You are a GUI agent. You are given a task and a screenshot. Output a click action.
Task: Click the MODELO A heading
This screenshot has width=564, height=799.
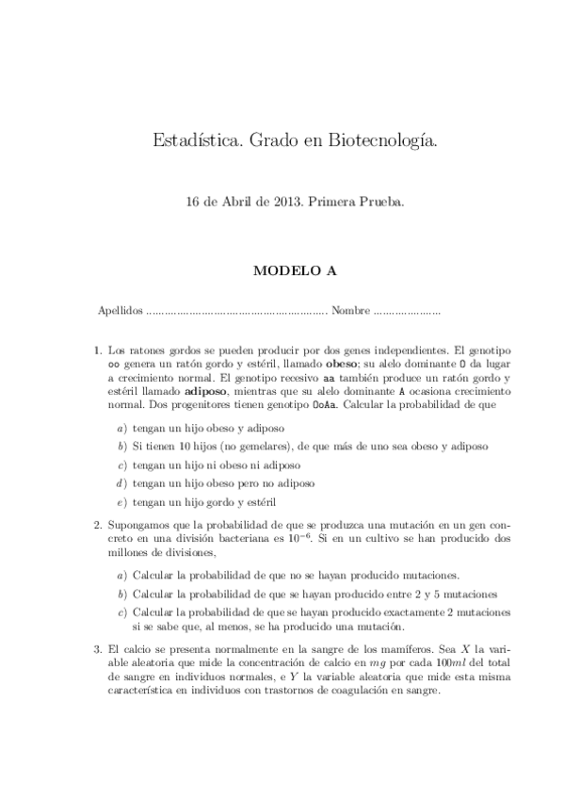pyautogui.click(x=282, y=269)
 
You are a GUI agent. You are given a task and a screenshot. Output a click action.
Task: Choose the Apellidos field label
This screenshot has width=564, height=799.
pyautogui.click(x=121, y=310)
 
